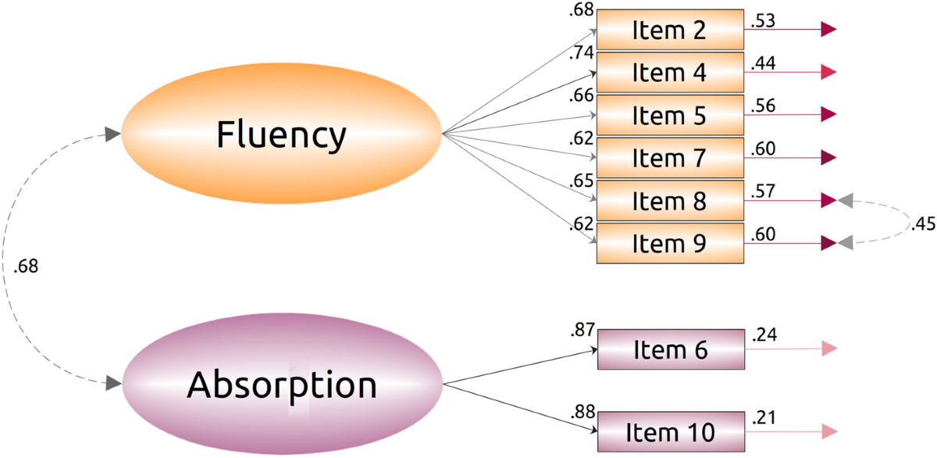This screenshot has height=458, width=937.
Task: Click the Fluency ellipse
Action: coord(281,135)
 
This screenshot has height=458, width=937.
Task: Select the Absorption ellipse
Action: coord(281,384)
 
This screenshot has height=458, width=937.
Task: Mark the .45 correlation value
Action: coord(921,224)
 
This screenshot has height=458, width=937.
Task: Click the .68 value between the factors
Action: coord(26,267)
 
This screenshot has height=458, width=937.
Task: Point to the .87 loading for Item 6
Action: coord(583,331)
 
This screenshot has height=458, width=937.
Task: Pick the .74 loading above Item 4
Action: coord(583,53)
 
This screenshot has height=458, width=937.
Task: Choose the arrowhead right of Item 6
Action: coord(829,349)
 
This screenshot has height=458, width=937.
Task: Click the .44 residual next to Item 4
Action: coord(762,64)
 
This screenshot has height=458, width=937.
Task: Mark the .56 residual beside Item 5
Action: coord(762,106)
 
